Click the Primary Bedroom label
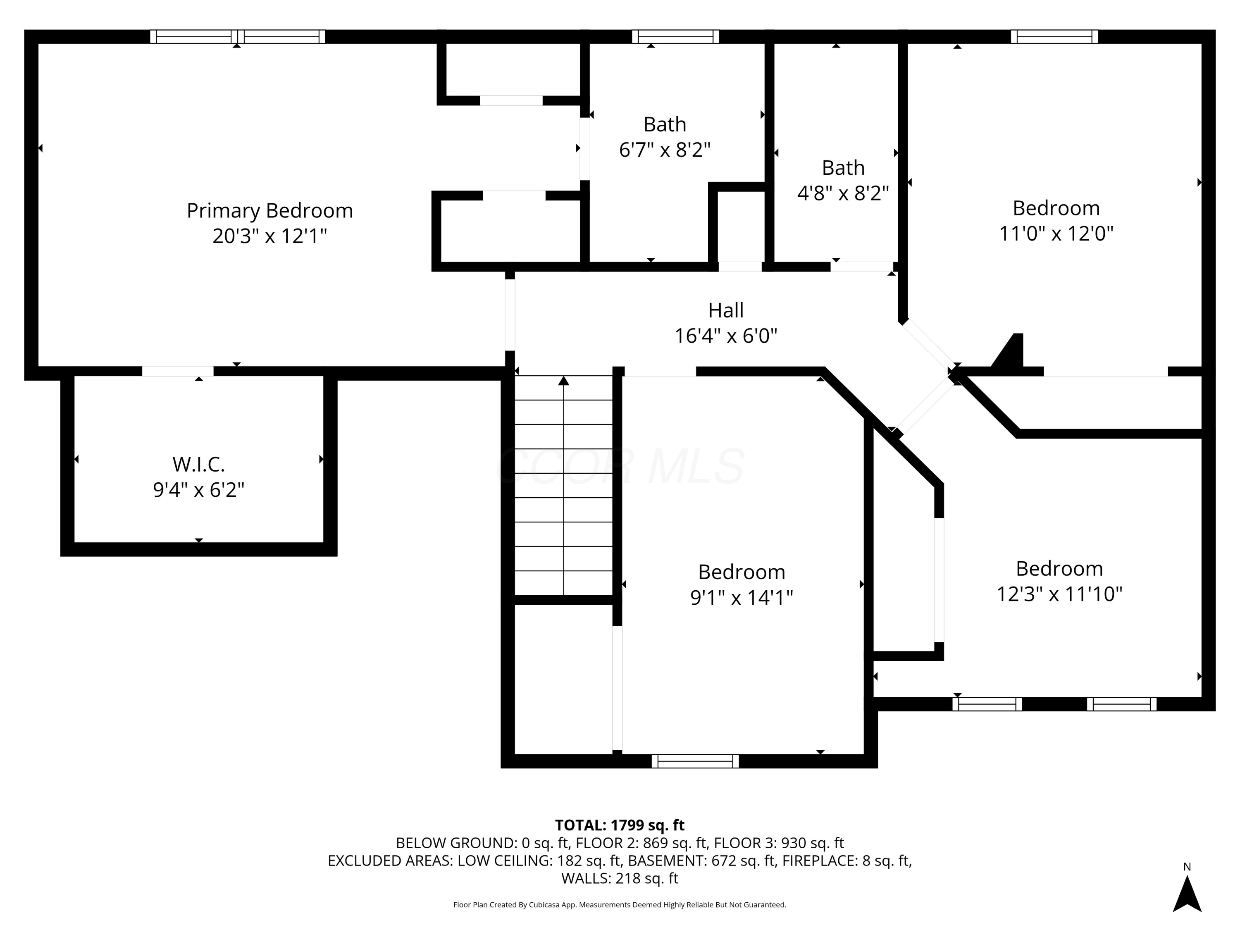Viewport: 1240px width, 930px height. pos(269,211)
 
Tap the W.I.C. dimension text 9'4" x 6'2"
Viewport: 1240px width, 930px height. pos(199,490)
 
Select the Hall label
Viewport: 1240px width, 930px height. pos(726,310)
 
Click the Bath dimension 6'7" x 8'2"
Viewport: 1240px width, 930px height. pos(665,150)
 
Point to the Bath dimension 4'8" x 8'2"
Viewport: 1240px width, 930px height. pos(843,193)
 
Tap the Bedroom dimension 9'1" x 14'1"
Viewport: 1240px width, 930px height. pos(742,598)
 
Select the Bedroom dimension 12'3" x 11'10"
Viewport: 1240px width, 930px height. pos(1059,594)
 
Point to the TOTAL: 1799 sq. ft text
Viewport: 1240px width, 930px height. pos(620,825)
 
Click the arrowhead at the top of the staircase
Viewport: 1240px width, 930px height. pos(563,381)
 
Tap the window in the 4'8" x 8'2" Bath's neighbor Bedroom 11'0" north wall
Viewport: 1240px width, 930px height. pos(1054,36)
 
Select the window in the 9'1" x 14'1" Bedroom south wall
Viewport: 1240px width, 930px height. pos(695,761)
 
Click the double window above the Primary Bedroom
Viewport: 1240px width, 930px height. pos(238,36)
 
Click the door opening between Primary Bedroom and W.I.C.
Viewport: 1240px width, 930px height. pos(178,371)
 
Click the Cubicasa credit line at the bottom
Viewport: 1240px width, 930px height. pos(620,905)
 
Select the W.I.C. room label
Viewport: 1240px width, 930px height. pos(198,464)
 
